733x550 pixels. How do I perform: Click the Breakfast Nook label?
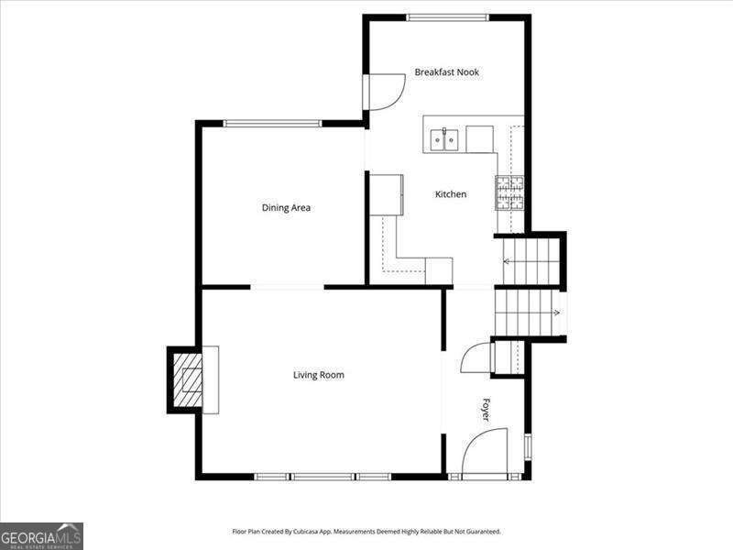click(446, 72)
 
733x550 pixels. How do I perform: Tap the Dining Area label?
click(286, 208)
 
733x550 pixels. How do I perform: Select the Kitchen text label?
click(450, 194)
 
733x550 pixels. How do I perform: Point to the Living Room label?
click(318, 375)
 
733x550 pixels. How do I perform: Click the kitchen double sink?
click(445, 139)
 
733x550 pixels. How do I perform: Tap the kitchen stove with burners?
click(510, 192)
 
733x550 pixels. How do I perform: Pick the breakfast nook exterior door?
click(385, 92)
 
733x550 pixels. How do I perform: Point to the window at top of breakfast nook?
click(447, 16)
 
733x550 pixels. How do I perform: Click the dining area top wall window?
click(272, 123)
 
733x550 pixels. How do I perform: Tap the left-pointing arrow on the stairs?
click(507, 261)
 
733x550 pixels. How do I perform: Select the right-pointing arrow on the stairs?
click(556, 313)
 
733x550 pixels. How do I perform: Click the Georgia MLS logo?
click(41, 535)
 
